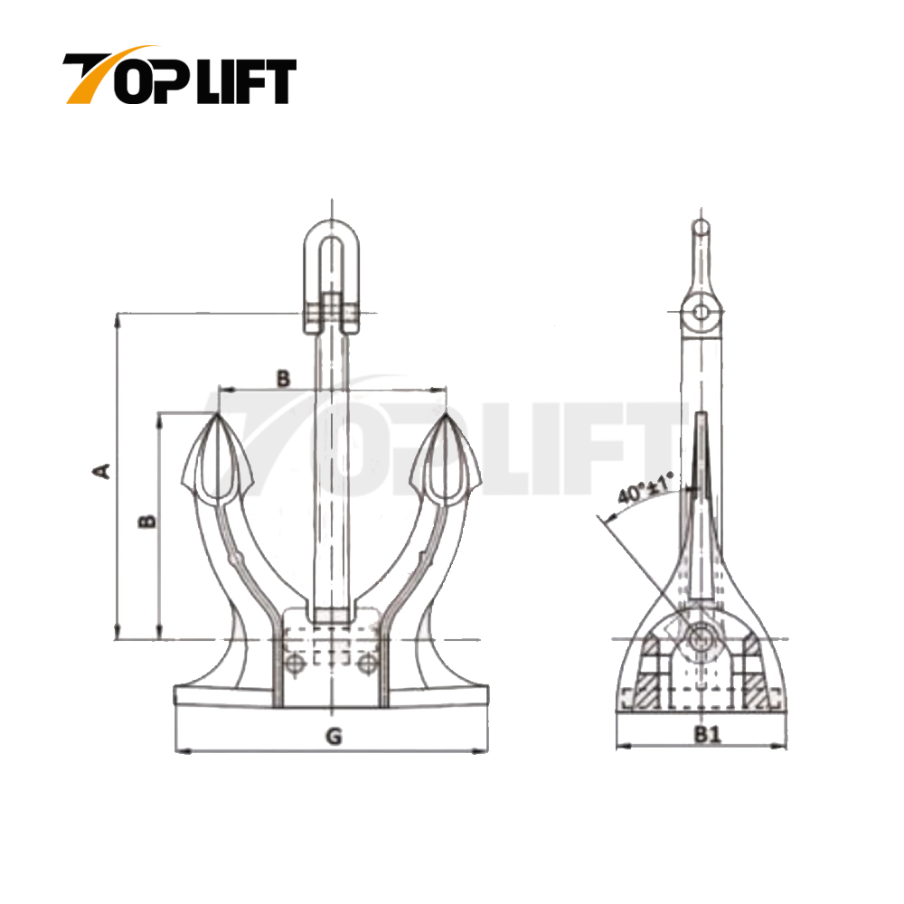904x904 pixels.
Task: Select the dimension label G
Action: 334,737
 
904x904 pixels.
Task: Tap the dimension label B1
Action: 708,735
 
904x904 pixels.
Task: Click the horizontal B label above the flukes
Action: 283,378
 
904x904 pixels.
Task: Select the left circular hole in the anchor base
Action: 293,664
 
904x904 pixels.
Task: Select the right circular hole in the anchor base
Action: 366,664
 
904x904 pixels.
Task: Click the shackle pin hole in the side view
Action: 701,313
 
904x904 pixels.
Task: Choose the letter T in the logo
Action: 90,79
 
